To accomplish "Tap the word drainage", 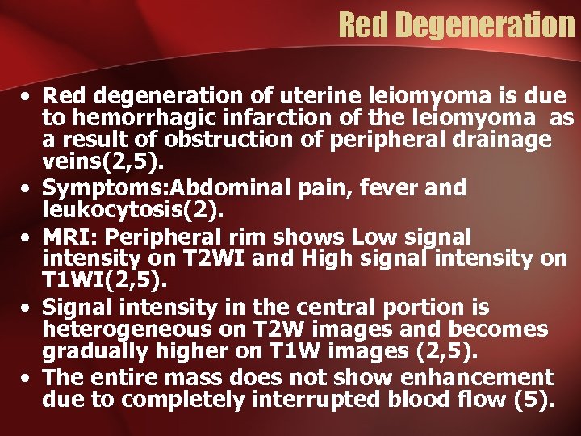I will pos(499,140).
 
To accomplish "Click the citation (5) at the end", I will pos(533,398).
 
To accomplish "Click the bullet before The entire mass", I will pos(28,379).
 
